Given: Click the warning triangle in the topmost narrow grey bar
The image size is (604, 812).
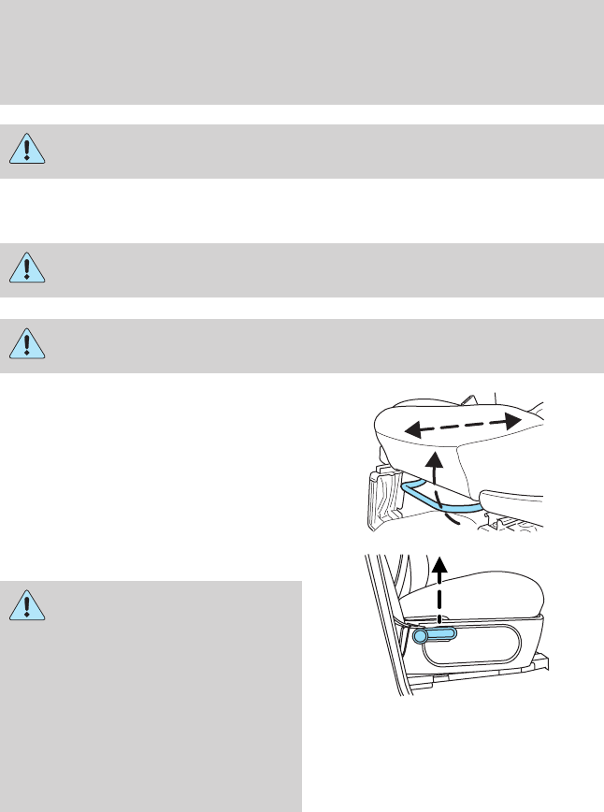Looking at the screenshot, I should click(x=29, y=152).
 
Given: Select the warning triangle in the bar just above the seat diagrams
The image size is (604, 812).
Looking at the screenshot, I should click(x=29, y=345).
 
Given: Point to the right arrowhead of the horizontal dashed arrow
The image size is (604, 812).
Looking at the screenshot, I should click(x=511, y=419).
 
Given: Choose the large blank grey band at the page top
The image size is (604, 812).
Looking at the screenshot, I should click(x=302, y=51).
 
